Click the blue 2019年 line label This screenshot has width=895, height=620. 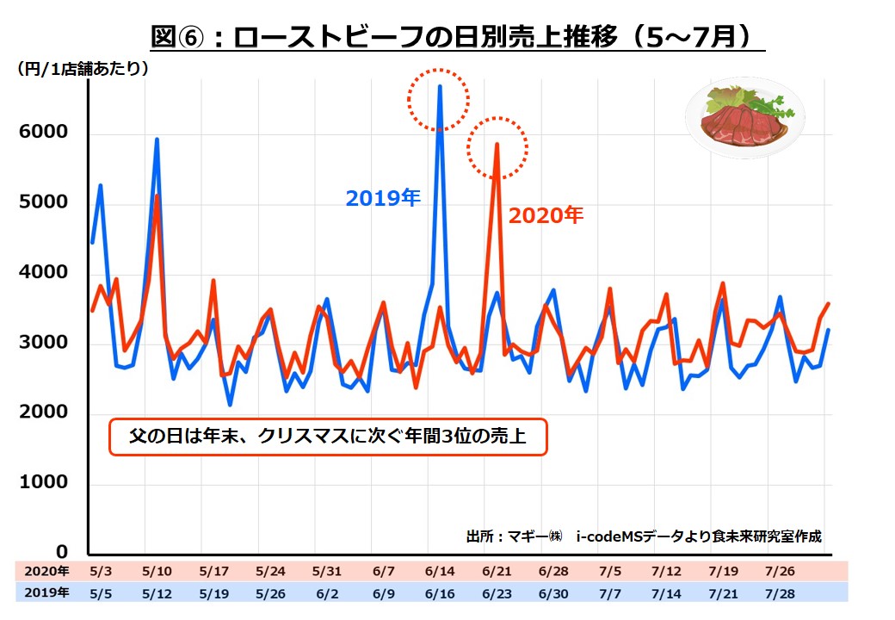tap(382, 199)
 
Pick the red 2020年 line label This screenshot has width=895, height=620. tap(546, 216)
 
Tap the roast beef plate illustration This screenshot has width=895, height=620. tap(744, 119)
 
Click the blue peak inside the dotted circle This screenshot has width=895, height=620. tap(440, 87)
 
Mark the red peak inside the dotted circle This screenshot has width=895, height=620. tap(497, 145)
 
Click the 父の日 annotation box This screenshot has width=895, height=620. tap(327, 438)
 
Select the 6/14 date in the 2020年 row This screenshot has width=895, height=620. tap(440, 571)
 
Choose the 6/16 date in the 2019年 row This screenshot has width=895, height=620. tap(440, 593)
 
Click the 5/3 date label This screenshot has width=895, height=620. tap(101, 571)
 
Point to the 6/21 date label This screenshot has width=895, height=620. tap(497, 571)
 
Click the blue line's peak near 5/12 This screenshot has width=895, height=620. tap(157, 139)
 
